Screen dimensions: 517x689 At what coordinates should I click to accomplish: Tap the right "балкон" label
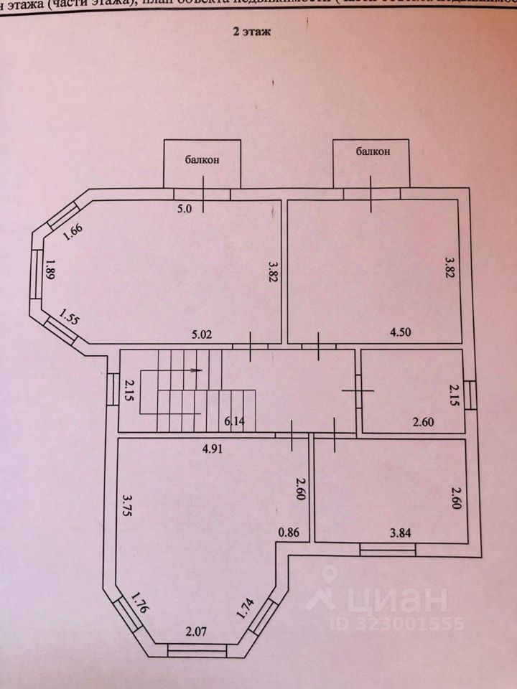[x=371, y=151]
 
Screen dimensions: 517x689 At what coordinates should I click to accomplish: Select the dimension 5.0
[x=186, y=210]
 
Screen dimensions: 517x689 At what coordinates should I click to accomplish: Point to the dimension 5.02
[x=202, y=333]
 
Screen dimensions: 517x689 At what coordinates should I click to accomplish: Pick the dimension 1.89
[x=50, y=273]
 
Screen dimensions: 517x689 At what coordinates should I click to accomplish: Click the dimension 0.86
[x=288, y=533]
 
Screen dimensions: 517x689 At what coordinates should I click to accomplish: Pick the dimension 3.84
[x=401, y=532]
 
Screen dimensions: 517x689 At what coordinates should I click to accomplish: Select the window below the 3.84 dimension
[x=388, y=549]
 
